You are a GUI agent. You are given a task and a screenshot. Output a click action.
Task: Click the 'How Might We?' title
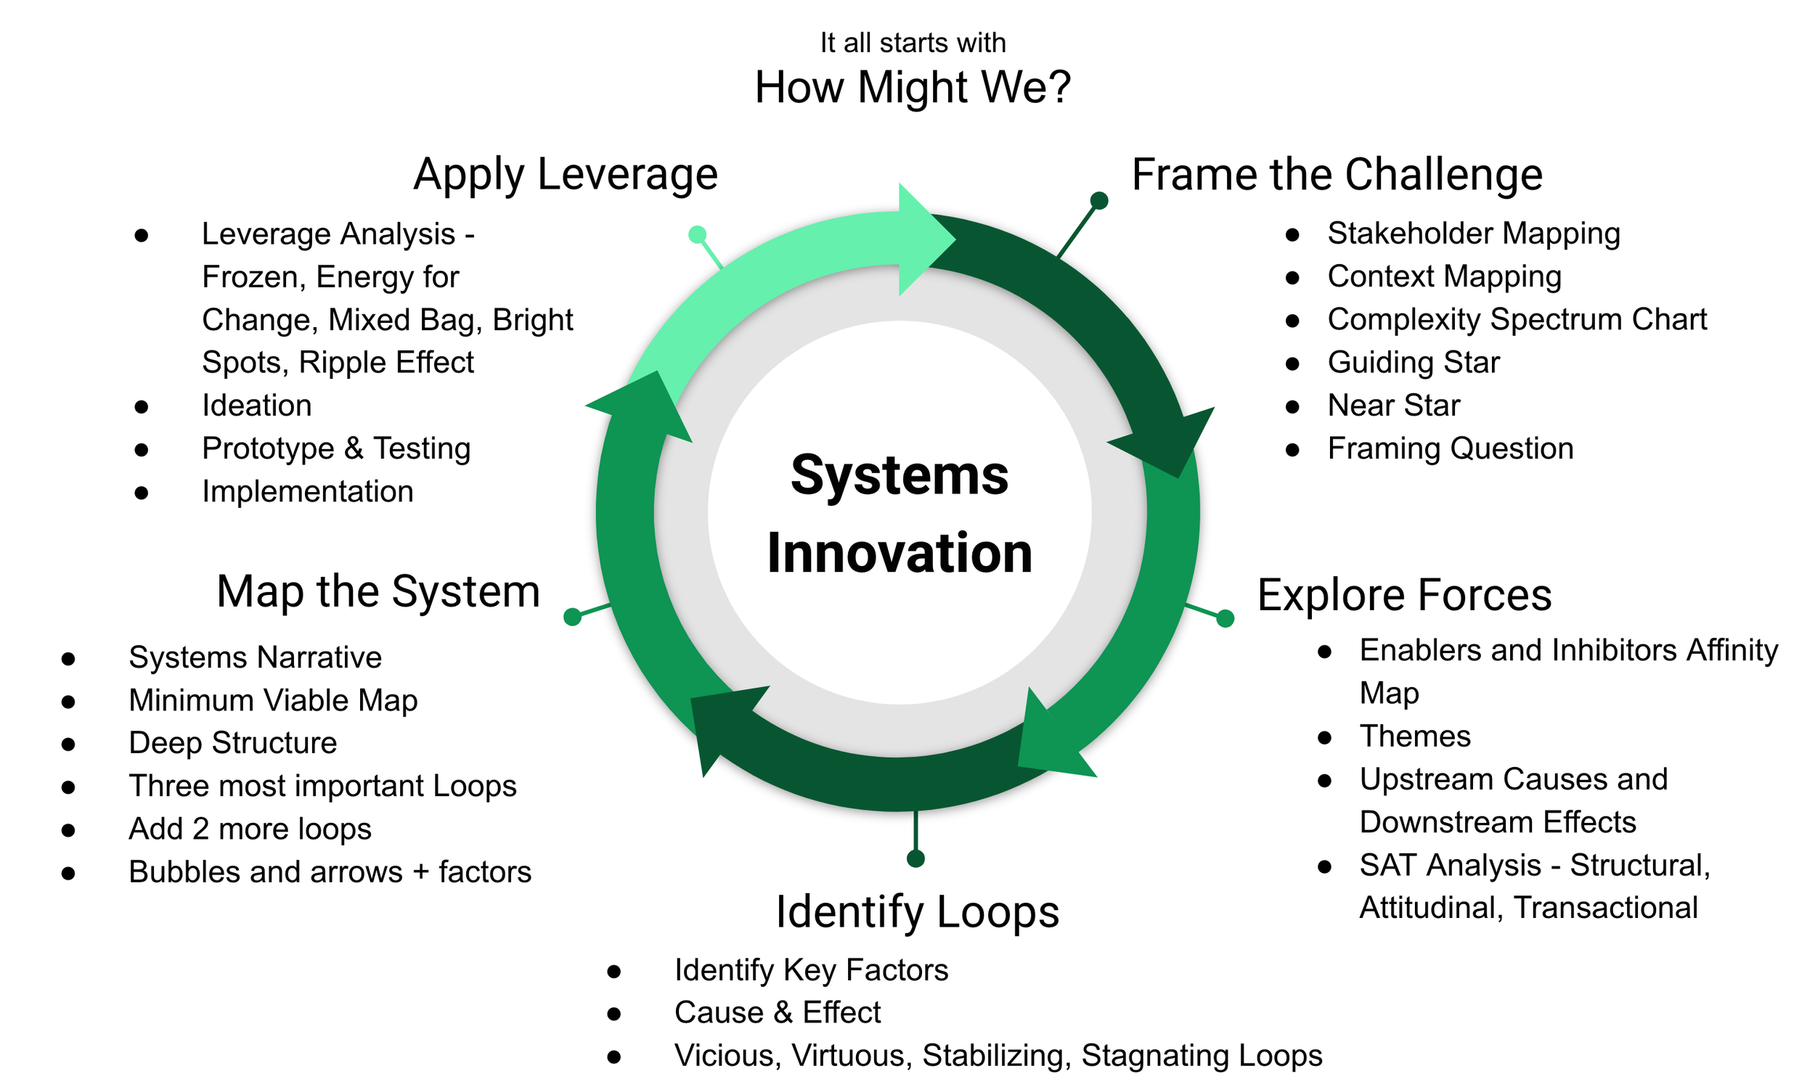913,88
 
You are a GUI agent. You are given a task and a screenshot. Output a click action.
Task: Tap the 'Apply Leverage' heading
565,175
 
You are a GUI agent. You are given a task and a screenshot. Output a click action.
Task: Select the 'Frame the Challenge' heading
1337,175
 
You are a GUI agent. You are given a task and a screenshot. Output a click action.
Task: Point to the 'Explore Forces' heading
1404,595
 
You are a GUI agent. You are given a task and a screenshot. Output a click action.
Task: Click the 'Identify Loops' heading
918,913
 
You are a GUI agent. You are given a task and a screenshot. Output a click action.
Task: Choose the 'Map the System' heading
378,592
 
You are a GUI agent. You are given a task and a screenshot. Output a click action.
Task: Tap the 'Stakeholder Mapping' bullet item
1473,234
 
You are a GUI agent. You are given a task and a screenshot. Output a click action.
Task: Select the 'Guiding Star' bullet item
1413,363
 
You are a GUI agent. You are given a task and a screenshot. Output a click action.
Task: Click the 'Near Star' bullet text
1393,406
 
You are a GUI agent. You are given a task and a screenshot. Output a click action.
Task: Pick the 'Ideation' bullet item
256,406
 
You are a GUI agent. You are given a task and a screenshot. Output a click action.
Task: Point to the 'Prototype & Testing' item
335,449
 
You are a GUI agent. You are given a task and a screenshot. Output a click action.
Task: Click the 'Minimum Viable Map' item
272,701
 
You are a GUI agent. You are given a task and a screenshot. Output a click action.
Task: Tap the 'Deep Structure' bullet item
232,744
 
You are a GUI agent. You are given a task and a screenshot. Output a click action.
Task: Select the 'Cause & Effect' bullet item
777,1013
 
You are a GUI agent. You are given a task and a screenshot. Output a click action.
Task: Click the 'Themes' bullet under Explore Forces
1414,737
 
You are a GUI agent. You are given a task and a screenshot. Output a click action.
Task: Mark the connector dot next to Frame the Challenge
1098,201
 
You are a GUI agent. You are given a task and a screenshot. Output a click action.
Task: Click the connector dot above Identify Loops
915,858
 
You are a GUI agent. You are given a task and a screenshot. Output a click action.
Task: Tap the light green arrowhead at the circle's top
925,239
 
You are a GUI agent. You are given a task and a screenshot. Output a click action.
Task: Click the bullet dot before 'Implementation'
142,493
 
